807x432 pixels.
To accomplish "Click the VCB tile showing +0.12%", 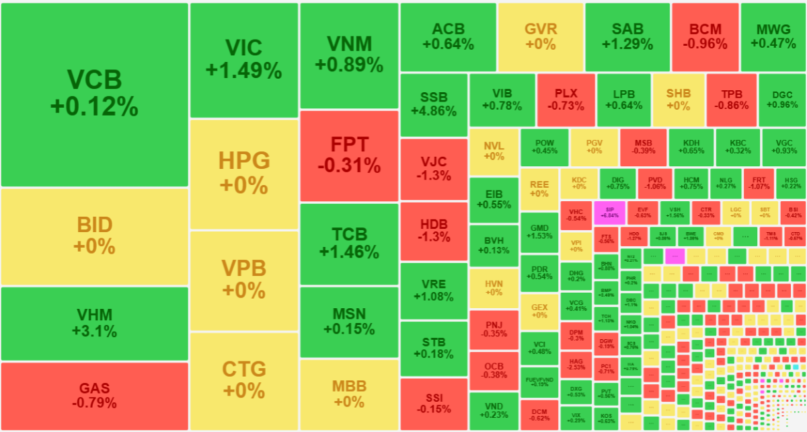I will click(94, 94).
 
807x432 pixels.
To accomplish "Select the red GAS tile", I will click(94, 396).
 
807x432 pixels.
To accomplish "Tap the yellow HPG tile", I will click(243, 173).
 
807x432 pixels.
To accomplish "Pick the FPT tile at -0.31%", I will click(349, 155).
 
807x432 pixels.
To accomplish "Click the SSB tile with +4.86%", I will click(433, 105).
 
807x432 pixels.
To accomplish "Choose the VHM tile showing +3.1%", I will click(94, 323).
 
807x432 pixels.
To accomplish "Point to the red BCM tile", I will click(705, 37).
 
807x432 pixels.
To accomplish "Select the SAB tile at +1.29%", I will click(627, 37).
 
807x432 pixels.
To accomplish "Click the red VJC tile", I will click(433, 169).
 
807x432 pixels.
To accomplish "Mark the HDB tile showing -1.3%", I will click(433, 231).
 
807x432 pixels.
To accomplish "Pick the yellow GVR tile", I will click(540, 37).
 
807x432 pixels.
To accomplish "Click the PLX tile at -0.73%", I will click(566, 100).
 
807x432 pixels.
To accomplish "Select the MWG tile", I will click(772, 37).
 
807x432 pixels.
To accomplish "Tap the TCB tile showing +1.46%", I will click(349, 243).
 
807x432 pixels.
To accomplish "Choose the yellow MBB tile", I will click(349, 394).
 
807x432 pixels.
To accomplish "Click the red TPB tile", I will click(731, 100).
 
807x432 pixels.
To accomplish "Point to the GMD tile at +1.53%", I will click(539, 232).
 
